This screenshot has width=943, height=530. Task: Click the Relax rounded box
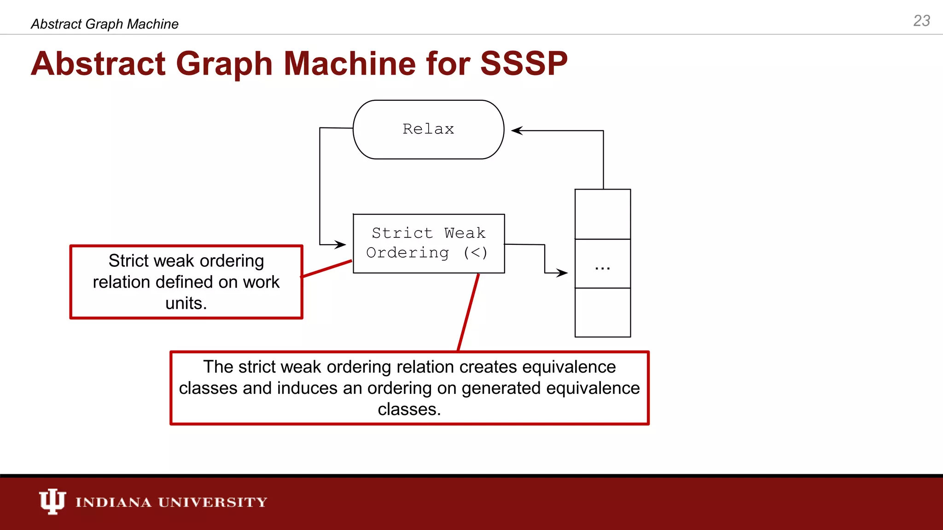[428, 130]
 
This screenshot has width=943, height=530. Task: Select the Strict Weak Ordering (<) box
[429, 243]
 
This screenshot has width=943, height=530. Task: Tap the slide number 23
[921, 21]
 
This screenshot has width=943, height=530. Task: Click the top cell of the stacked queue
[602, 214]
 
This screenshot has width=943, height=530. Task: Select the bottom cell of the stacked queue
[602, 313]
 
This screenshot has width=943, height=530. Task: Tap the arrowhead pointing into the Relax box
[517, 131]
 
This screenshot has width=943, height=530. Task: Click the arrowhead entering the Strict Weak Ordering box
[341, 244]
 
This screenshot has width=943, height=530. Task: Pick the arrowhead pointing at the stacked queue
[562, 273]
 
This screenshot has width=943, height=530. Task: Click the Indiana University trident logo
[52, 501]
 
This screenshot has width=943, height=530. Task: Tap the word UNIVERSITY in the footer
[212, 502]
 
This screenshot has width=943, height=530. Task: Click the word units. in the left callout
[186, 304]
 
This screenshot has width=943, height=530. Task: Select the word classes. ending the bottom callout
[409, 409]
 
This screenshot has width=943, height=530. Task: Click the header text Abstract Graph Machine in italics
[105, 24]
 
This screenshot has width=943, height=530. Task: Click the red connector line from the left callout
[326, 269]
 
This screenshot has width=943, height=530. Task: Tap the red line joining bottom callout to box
[468, 313]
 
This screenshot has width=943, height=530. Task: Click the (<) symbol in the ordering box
[475, 253]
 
